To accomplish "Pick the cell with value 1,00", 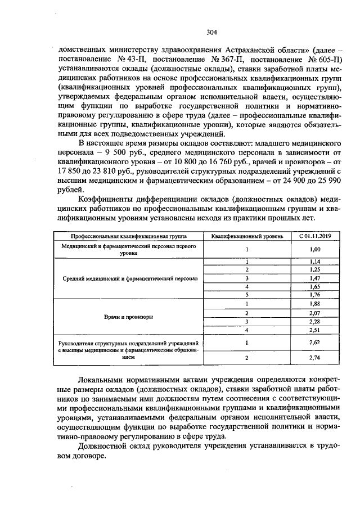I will [x=315, y=249].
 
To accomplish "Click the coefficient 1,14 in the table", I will [x=315, y=262].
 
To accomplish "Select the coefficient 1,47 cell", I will [x=315, y=278].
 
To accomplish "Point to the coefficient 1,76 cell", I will [x=315, y=294].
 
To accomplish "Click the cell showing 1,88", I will [x=315, y=304].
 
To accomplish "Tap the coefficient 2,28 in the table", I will [x=315, y=321].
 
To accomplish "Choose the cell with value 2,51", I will [x=315, y=330].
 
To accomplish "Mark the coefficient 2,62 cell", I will [x=315, y=341].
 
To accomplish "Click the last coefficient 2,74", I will [x=315, y=357].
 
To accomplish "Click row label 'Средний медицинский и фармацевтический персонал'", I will [x=128, y=278].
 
